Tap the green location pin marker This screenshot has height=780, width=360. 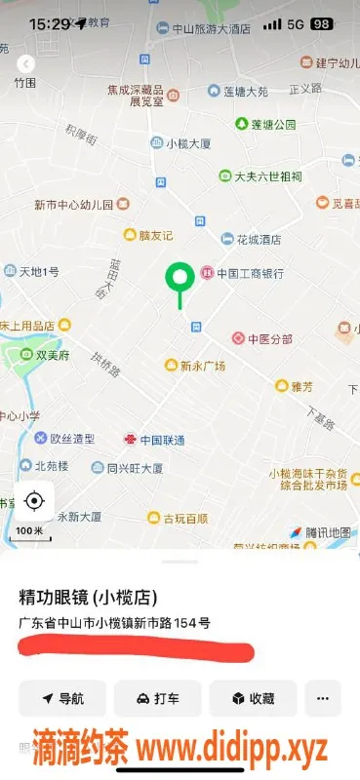point(179,279)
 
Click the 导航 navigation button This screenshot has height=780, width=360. point(62,698)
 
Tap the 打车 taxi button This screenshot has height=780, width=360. point(157,698)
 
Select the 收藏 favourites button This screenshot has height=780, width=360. point(253,698)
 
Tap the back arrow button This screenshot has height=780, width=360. point(26,63)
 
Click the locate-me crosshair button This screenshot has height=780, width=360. point(34,501)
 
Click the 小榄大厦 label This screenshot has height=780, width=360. point(188,143)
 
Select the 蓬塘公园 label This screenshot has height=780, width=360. point(272,124)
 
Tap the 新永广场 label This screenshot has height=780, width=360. point(202,366)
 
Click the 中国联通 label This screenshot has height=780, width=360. point(162,441)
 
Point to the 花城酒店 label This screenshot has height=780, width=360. point(259,239)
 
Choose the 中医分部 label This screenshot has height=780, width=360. point(269,339)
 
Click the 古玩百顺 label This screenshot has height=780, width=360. point(184,518)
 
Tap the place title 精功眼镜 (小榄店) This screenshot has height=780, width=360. point(88,597)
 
